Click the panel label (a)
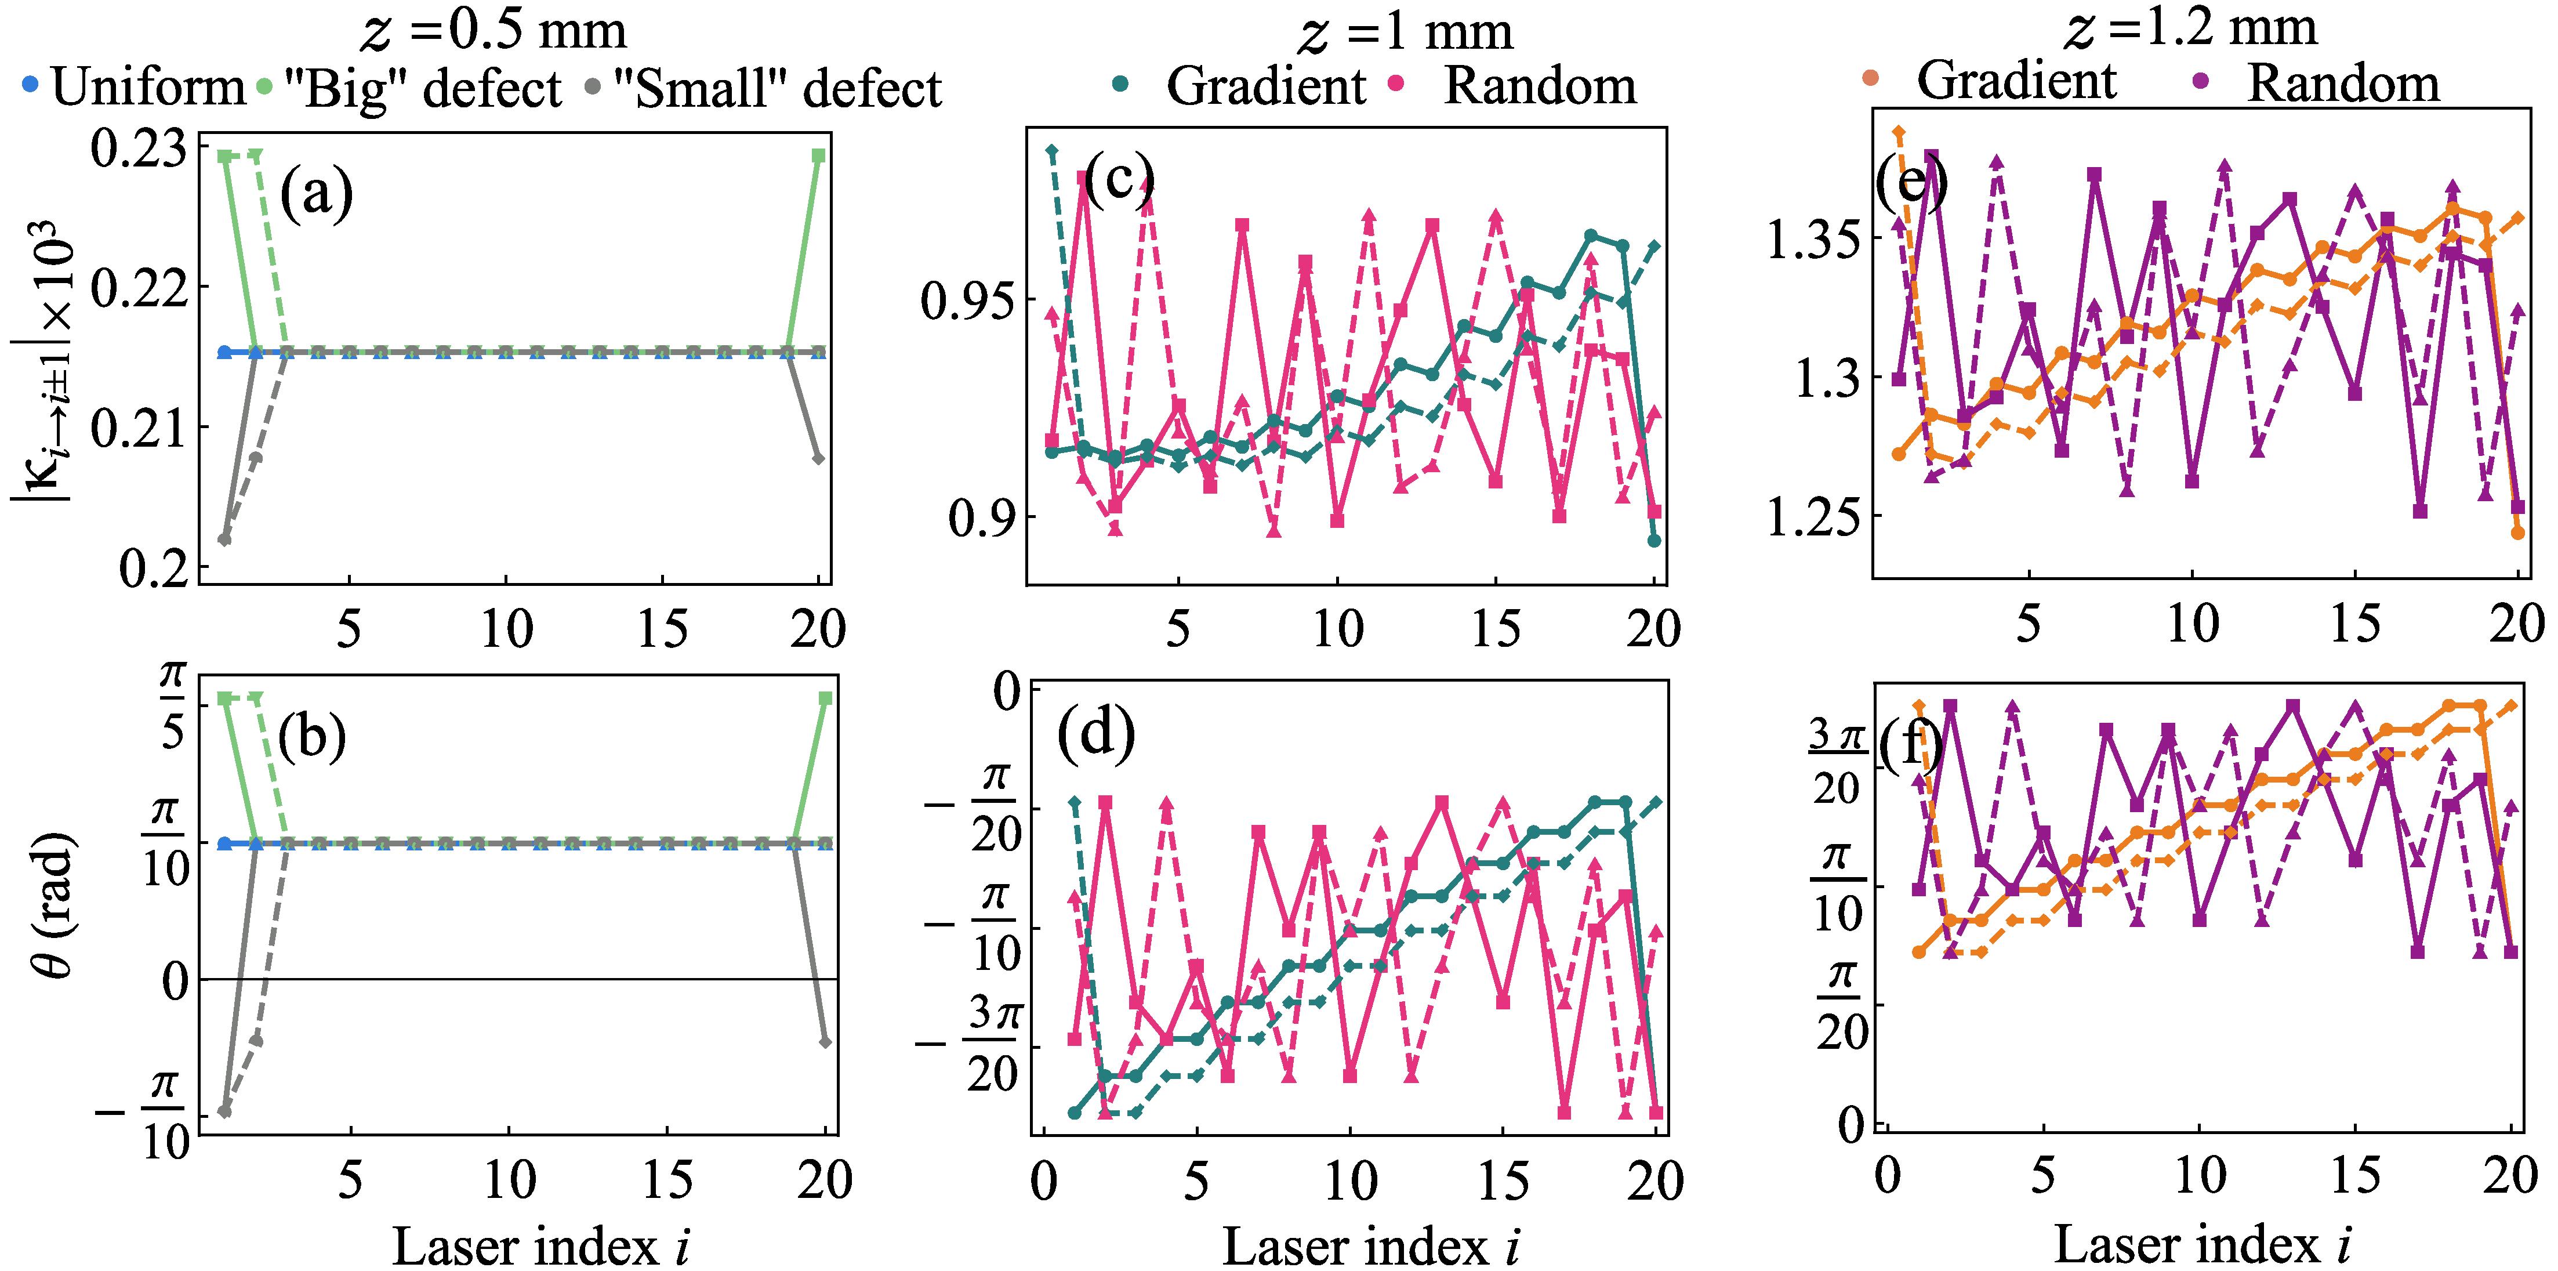(x=316, y=194)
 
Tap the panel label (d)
(x=1095, y=736)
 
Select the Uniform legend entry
(x=134, y=88)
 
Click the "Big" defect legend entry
(x=412, y=88)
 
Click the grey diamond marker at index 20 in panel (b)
(x=825, y=1042)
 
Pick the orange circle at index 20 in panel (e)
(x=2517, y=533)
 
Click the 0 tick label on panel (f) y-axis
(x=1849, y=1124)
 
